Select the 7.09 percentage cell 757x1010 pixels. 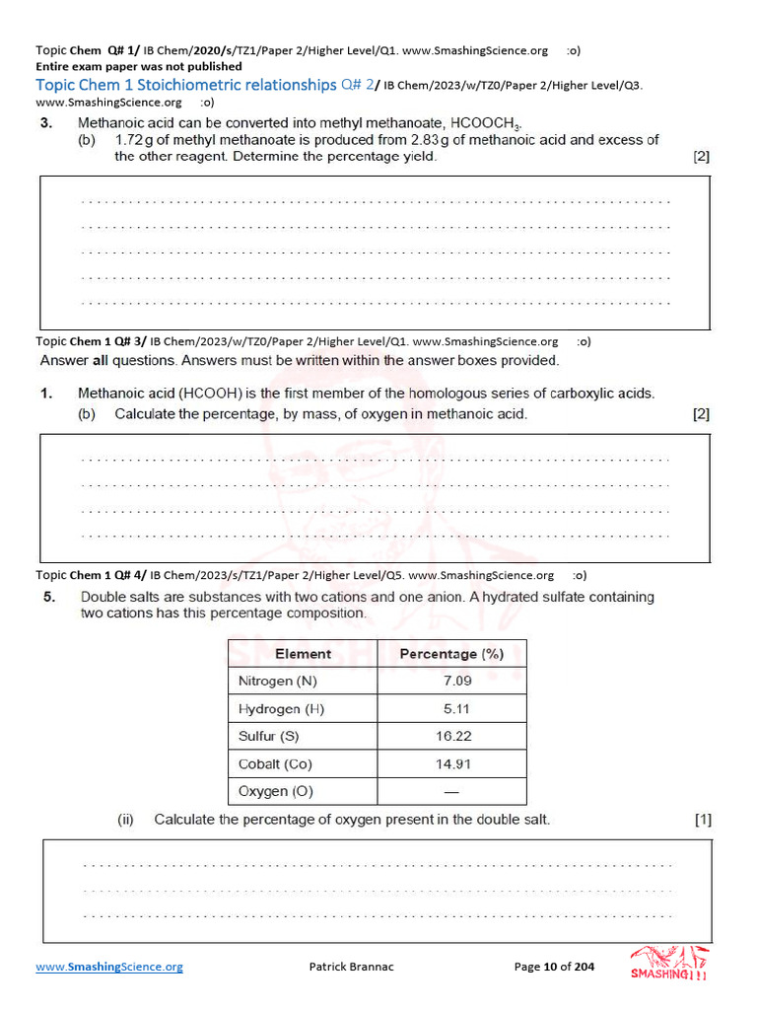457,681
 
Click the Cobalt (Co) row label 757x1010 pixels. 275,763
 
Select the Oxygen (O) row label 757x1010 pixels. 276,791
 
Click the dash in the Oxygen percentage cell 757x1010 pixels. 451,791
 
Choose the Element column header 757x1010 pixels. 303,653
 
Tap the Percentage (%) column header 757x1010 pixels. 451,653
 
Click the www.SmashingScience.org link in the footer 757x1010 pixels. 109,967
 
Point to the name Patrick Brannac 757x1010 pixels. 351,967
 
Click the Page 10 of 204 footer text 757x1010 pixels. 554,967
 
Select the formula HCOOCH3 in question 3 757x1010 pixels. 484,124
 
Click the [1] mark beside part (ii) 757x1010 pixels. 702,820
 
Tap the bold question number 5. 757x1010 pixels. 48,597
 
